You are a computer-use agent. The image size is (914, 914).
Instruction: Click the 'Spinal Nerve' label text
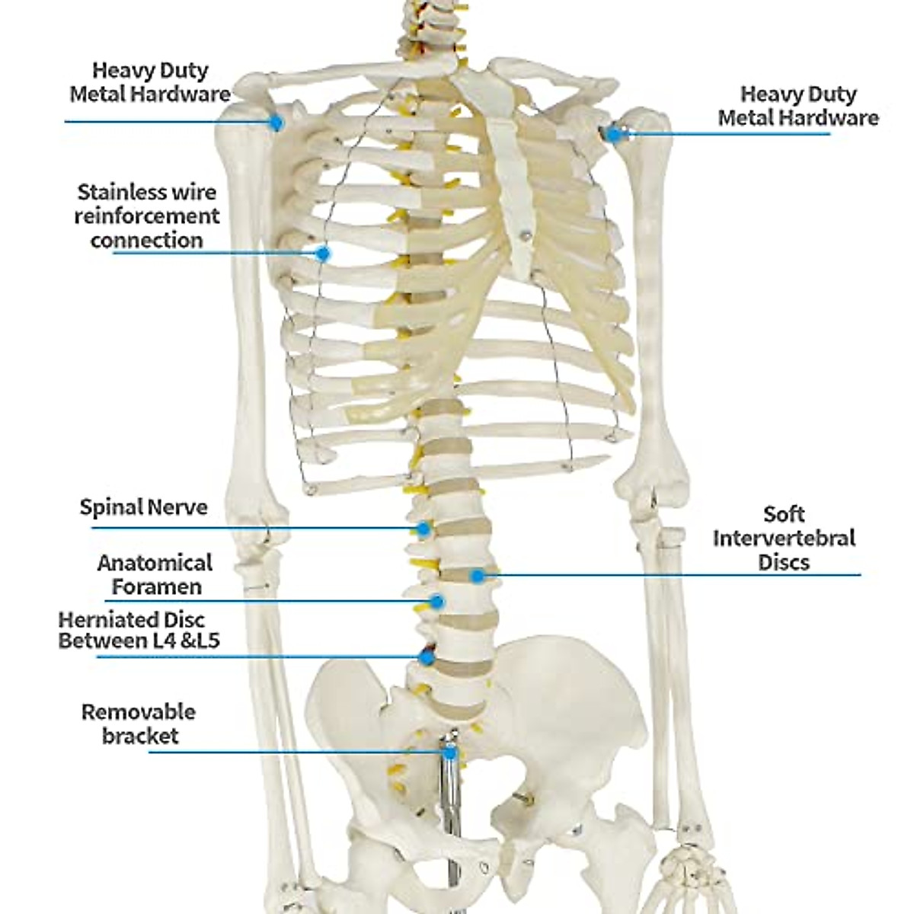coord(143,507)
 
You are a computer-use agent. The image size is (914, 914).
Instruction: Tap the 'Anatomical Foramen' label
coord(154,575)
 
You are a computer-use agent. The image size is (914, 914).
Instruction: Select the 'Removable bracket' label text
coord(139,724)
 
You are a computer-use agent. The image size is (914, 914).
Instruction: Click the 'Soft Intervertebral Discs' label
coord(784,538)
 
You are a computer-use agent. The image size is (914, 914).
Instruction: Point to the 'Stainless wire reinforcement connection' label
coord(146,216)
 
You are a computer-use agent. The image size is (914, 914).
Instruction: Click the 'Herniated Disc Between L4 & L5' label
coord(139,630)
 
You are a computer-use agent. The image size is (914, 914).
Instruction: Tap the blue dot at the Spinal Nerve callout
coord(423,527)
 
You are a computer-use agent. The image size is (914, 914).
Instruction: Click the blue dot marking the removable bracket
coord(450,753)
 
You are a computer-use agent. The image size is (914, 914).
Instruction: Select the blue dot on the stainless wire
coord(322,253)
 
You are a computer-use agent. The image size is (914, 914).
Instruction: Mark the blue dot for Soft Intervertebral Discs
coord(477,575)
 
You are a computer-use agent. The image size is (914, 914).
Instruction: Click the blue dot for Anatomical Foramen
coord(436,601)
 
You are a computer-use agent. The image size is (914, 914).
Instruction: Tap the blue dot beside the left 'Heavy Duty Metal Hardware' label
coord(277,121)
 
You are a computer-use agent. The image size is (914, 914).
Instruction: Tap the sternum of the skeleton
coord(512,190)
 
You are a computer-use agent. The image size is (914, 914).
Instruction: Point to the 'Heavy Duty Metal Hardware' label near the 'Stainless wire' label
coord(150,82)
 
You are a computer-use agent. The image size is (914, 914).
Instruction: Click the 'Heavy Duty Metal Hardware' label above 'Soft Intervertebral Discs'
coord(797,106)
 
